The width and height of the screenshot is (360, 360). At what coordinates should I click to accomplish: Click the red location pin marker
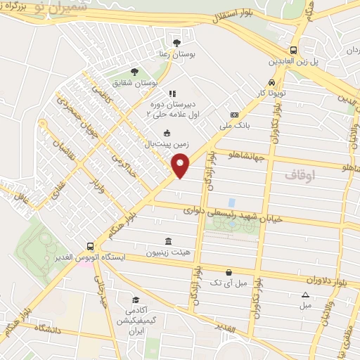pyautogui.click(x=181, y=165)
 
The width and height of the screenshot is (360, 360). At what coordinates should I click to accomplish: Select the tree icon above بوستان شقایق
pyautogui.click(x=134, y=72)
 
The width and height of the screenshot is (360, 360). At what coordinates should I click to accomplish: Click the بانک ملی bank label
pyautogui.click(x=235, y=127)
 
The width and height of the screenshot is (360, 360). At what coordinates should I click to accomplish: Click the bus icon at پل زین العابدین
pyautogui.click(x=293, y=50)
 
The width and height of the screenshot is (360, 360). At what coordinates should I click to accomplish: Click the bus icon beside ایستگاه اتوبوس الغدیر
pyautogui.click(x=89, y=246)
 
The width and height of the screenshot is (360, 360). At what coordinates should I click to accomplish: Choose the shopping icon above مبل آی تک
pyautogui.click(x=229, y=271)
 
